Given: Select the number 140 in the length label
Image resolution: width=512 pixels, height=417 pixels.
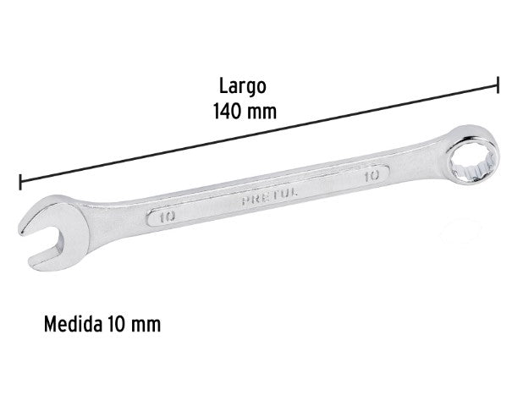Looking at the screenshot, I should [230, 110].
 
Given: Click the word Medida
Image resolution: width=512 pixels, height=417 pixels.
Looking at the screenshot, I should [71, 324].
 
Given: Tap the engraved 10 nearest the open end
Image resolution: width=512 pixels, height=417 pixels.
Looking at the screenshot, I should [166, 217].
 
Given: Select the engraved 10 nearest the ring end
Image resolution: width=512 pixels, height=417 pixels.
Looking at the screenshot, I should [370, 177].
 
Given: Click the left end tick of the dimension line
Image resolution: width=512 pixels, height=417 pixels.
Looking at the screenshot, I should [19, 181].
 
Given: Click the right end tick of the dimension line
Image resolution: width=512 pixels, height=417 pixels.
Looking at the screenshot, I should [498, 85].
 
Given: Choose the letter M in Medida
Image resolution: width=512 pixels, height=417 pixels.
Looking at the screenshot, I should [47, 324].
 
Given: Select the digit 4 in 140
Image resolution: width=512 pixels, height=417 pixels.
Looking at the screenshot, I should [228, 110].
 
